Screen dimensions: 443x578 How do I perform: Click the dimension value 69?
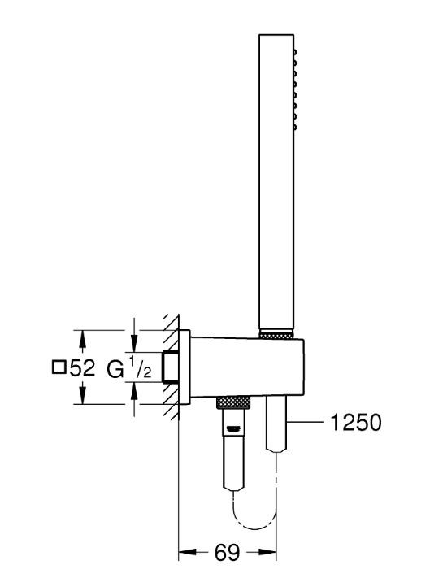[227, 552]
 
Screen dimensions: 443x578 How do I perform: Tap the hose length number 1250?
[356, 422]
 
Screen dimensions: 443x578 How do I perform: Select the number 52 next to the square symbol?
[82, 367]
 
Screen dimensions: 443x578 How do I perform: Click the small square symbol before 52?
[59, 367]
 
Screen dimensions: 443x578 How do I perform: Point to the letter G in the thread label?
[115, 369]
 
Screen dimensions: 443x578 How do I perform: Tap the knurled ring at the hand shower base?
[276, 335]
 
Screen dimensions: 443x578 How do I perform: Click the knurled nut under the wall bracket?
[233, 402]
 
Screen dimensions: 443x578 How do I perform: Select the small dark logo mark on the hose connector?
[234, 428]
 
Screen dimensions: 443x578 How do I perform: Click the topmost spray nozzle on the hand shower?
[295, 52]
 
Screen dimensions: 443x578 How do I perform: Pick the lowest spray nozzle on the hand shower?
[295, 127]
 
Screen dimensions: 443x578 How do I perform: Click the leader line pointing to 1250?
[306, 420]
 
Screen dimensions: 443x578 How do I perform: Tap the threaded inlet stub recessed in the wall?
[170, 367]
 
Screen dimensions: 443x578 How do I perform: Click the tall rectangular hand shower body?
[276, 181]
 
